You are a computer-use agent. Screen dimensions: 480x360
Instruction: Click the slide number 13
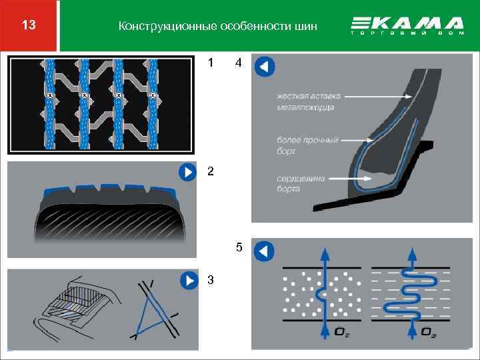(29, 26)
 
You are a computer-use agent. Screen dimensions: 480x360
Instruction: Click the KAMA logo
(407, 26)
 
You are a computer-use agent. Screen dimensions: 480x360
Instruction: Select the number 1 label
(211, 64)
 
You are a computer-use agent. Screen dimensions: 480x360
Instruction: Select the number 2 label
(211, 171)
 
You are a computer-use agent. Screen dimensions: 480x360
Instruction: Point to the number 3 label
(211, 279)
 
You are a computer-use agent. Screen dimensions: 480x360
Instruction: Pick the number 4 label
(238, 64)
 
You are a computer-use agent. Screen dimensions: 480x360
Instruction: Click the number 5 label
(238, 249)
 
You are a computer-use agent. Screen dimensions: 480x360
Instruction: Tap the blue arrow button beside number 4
(264, 67)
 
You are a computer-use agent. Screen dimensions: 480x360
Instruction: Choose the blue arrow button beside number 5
(264, 251)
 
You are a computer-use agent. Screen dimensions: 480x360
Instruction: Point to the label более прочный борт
(307, 145)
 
